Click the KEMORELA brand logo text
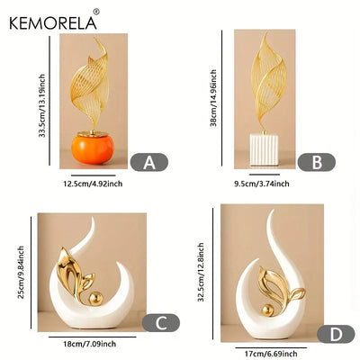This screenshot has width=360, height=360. pyautogui.click(x=53, y=22)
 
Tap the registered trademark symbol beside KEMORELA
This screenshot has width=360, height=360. pyautogui.click(x=96, y=12)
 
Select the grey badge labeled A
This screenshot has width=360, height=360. pyautogui.click(x=149, y=162)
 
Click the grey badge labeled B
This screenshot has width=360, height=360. pyautogui.click(x=317, y=162)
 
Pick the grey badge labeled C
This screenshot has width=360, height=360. pyautogui.click(x=161, y=323)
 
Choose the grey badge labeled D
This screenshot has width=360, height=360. pyautogui.click(x=336, y=334)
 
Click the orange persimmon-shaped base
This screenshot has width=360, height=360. pyautogui.click(x=93, y=149)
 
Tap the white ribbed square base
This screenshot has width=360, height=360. pyautogui.click(x=264, y=149)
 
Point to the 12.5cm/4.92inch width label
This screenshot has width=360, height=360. pyautogui.click(x=93, y=184)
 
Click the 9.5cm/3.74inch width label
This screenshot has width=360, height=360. pyautogui.click(x=262, y=184)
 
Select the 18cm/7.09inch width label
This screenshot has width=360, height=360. pyautogui.click(x=89, y=344)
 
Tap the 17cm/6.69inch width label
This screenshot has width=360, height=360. pyautogui.click(x=271, y=354)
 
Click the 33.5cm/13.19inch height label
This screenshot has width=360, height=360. pyautogui.click(x=42, y=105)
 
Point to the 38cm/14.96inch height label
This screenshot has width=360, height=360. pyautogui.click(x=213, y=98)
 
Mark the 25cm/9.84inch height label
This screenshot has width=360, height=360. pyautogui.click(x=21, y=272)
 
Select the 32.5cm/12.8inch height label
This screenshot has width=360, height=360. pyautogui.click(x=201, y=272)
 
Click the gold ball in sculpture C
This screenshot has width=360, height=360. pyautogui.click(x=96, y=299)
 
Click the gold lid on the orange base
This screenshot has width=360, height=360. pyautogui.click(x=93, y=134)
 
